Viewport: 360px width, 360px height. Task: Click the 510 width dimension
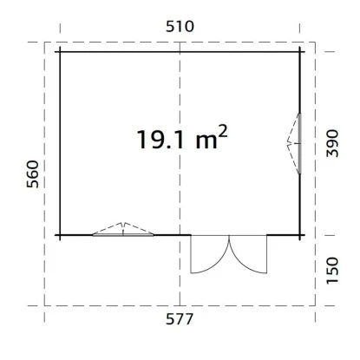tap(180, 26)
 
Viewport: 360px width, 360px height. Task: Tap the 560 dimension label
tap(33, 174)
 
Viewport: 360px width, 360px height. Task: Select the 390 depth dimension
tap(332, 143)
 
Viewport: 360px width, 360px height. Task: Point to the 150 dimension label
tap(332, 271)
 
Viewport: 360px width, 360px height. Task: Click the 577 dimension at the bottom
tap(180, 319)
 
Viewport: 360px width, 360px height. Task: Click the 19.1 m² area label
tap(182, 138)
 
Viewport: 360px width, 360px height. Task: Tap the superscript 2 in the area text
tap(223, 132)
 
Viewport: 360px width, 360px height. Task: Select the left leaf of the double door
tap(210, 254)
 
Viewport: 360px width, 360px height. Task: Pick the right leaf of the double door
tap(248, 254)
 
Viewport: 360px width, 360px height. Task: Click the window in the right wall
tap(299, 143)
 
